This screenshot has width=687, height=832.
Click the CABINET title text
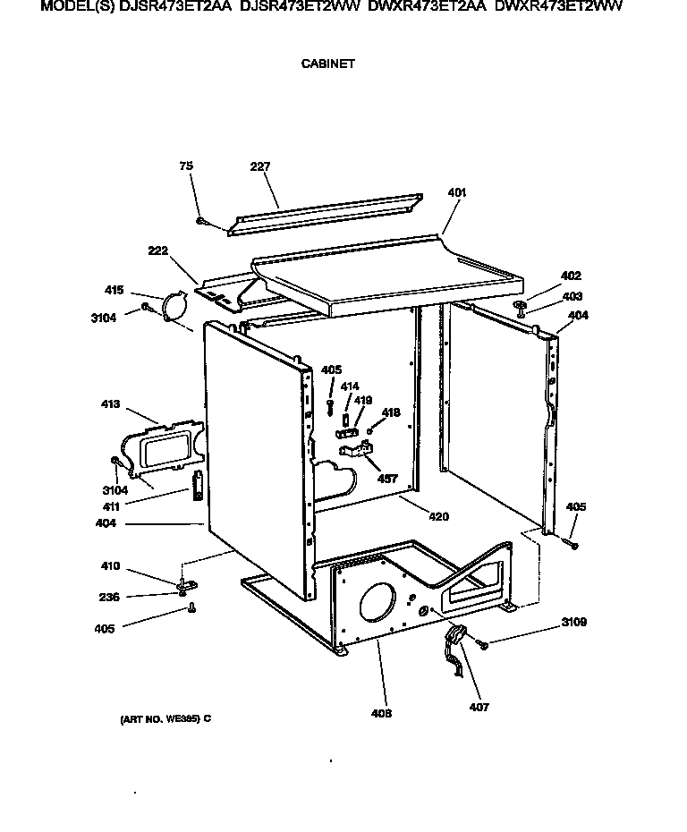[328, 64]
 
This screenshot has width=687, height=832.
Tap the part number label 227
[260, 166]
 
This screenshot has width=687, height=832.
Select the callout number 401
[456, 192]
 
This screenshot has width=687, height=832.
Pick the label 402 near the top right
[571, 276]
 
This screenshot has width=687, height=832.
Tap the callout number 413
[111, 404]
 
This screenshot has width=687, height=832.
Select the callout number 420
[438, 516]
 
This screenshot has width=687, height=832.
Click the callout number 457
[386, 479]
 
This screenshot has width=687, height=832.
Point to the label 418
[391, 412]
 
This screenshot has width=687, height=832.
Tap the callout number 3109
[573, 622]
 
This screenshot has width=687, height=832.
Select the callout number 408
[386, 713]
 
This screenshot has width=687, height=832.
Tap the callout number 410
[110, 566]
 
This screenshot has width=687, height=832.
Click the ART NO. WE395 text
[165, 718]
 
